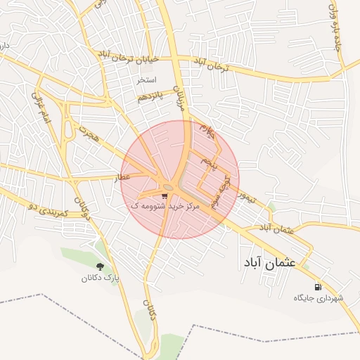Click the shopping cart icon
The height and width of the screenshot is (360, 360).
[x=165, y=197]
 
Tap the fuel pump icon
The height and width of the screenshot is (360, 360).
[x=319, y=287]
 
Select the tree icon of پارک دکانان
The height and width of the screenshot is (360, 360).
[x=99, y=266]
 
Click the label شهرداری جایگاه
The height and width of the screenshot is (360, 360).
[x=319, y=298]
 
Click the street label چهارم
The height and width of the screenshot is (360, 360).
[x=205, y=128]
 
